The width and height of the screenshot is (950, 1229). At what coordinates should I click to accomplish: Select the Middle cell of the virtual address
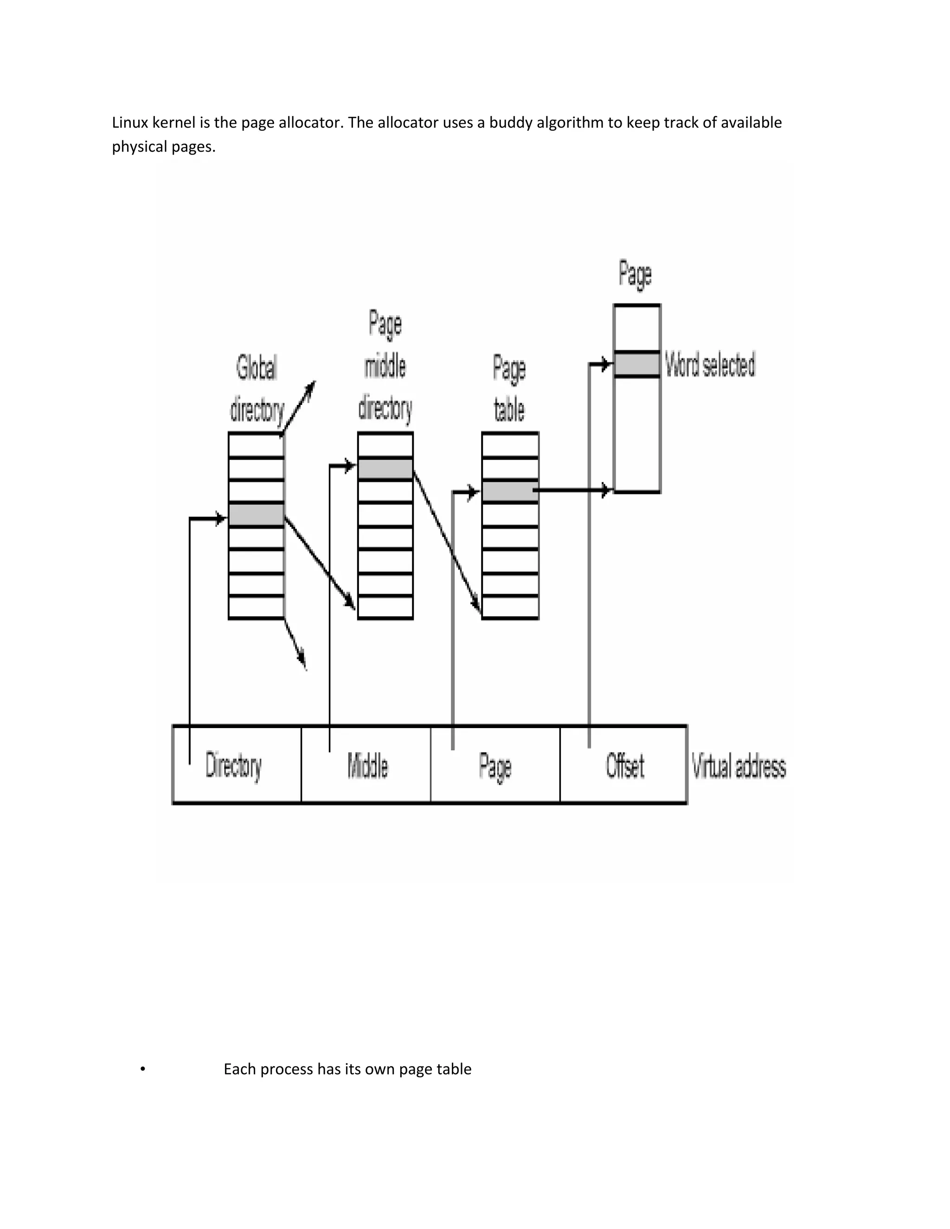tap(367, 765)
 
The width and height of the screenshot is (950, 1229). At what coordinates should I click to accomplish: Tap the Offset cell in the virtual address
tap(625, 765)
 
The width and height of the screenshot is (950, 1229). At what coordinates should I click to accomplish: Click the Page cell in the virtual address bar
tap(495, 765)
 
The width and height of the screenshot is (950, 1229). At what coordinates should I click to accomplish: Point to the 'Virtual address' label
tap(738, 767)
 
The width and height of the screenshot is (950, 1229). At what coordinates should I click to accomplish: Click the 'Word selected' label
tap(710, 364)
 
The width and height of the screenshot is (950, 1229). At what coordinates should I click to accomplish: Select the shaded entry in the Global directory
tap(256, 515)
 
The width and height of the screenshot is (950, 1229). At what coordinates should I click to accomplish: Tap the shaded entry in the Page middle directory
tap(385, 469)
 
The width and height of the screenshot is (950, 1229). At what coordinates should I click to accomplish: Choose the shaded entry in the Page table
tap(510, 491)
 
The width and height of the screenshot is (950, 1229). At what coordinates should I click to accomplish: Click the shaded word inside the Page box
tap(636, 364)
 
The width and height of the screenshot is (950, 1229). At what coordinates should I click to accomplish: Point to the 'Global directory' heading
tap(257, 388)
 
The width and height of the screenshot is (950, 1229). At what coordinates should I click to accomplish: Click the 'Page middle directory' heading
tap(385, 366)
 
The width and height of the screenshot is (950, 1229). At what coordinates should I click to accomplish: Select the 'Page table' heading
tap(509, 388)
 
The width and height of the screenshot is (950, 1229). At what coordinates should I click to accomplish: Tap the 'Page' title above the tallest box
tap(635, 274)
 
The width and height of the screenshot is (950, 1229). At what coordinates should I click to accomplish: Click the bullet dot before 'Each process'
tap(143, 1069)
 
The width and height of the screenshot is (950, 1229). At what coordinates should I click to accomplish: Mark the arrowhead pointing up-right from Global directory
tap(310, 387)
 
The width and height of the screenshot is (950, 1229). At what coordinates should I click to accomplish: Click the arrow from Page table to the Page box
tap(571, 491)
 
